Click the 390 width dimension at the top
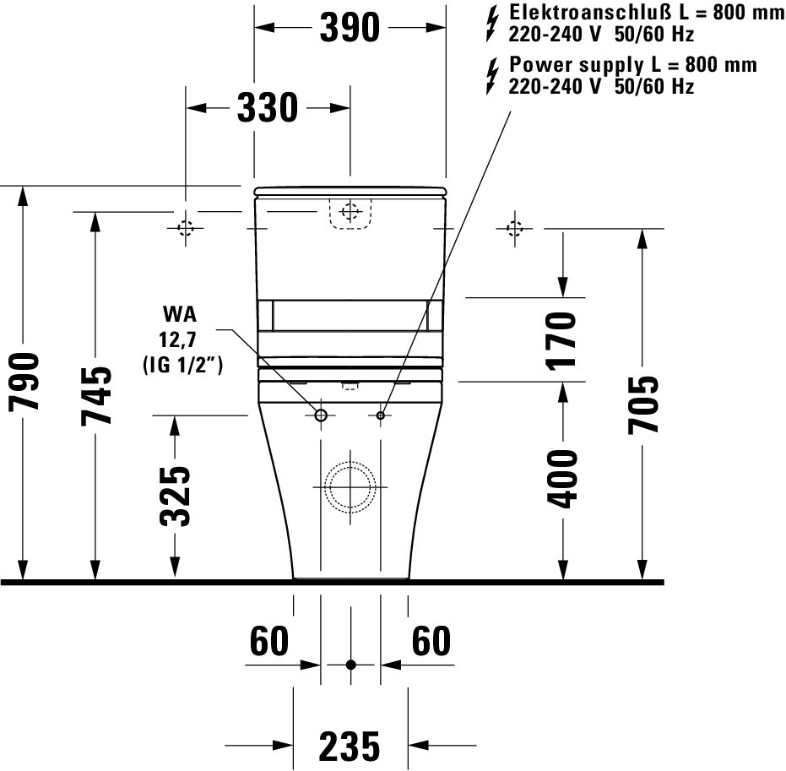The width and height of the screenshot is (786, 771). tap(350, 29)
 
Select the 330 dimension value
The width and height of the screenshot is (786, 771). tap(267, 108)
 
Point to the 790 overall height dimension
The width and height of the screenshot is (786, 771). tap(24, 381)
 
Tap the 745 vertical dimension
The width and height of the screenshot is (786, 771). tap(95, 394)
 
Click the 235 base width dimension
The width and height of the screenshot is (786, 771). tap(350, 746)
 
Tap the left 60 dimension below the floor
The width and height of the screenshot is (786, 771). tap(269, 642)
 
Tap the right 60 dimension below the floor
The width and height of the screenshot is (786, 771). tap(431, 642)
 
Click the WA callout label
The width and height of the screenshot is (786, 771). tap(180, 315)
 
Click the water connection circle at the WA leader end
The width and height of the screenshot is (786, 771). tap(321, 415)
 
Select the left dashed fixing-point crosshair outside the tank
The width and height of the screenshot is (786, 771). tap(186, 228)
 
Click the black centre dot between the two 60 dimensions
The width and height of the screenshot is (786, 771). tap(350, 665)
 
